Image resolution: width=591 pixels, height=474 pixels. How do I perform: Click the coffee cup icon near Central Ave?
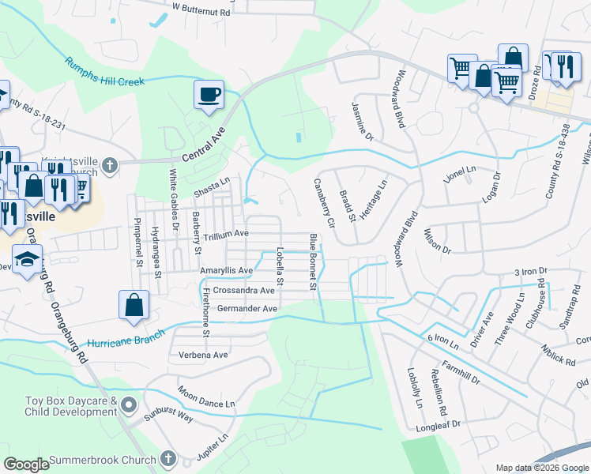(x=209, y=95)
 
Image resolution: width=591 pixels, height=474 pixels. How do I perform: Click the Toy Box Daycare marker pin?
(x=129, y=407)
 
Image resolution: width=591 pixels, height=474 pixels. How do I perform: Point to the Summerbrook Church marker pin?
(x=168, y=459)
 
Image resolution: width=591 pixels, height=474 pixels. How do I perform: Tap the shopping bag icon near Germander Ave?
(x=134, y=305)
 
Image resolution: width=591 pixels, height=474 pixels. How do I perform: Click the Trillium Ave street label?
(x=226, y=234)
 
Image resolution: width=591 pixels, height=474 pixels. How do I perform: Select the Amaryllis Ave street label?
(x=226, y=270)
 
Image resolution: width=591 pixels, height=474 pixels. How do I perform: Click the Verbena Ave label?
(x=204, y=355)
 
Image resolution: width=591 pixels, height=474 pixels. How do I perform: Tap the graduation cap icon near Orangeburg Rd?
(x=27, y=260)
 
